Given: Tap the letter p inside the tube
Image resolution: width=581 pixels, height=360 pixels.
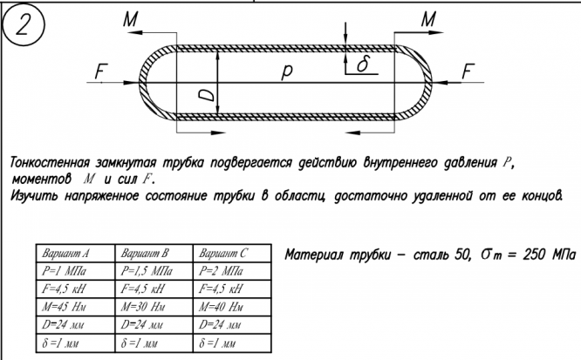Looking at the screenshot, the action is (287, 76).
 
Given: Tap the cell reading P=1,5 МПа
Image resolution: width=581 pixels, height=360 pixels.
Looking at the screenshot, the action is (144, 271).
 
